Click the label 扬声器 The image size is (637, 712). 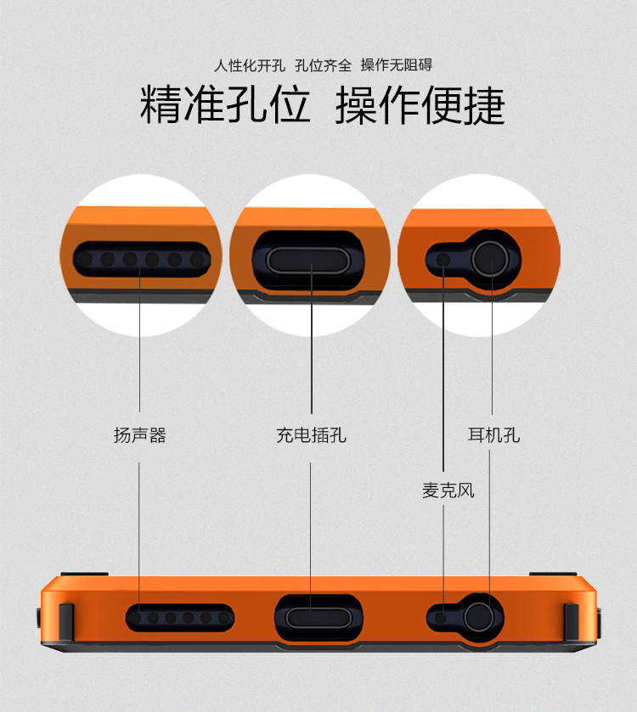(x=140, y=435)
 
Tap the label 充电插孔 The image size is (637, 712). (x=311, y=435)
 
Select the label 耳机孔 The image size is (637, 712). (x=493, y=435)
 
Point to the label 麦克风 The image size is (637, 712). (x=448, y=491)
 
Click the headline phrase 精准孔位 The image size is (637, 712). (x=225, y=105)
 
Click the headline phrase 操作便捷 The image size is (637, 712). (x=420, y=105)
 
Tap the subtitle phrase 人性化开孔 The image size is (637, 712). (x=250, y=65)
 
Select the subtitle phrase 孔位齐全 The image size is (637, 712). (x=323, y=65)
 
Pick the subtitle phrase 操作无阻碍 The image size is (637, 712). (x=396, y=65)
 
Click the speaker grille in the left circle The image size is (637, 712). (x=142, y=260)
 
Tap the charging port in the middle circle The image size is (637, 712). (x=308, y=261)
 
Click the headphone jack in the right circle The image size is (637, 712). (x=490, y=259)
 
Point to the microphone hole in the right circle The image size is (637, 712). (x=443, y=260)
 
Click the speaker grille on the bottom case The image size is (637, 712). (x=180, y=618)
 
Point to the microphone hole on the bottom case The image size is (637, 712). (x=440, y=618)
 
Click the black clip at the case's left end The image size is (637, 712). (x=66, y=622)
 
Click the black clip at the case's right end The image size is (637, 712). (x=572, y=622)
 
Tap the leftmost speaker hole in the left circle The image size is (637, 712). (x=85, y=260)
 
